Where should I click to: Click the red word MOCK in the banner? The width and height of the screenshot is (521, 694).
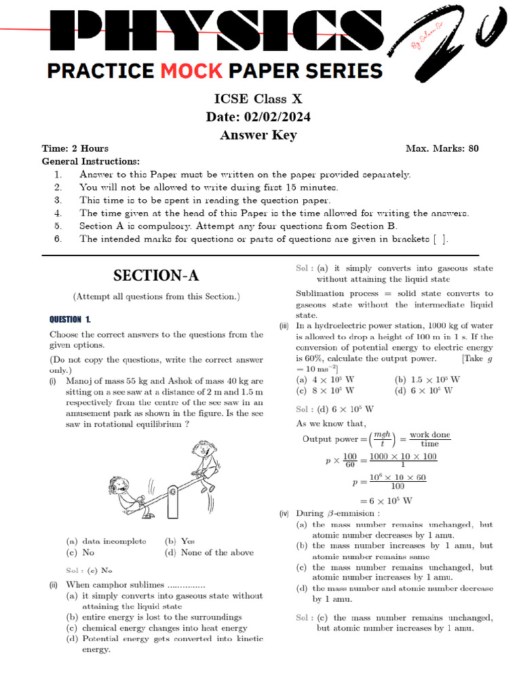click(192, 70)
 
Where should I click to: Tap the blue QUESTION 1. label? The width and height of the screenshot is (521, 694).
click(70, 319)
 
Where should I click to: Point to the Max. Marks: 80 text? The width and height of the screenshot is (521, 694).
click(442, 148)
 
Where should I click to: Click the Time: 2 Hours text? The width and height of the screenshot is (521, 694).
click(75, 148)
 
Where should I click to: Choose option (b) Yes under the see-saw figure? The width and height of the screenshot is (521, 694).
click(180, 542)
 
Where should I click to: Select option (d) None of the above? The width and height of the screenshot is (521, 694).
click(210, 552)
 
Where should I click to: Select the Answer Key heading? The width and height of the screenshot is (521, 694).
click(258, 135)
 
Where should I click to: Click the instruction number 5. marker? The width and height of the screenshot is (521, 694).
click(58, 226)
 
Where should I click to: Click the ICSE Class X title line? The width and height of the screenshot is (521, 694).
click(258, 99)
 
